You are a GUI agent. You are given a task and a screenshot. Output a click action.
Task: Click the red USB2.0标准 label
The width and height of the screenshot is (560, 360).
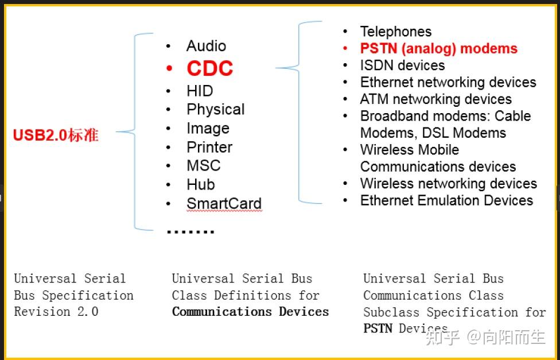click(56, 136)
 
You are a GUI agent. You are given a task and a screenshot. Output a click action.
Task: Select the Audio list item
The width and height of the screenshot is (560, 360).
click(206, 46)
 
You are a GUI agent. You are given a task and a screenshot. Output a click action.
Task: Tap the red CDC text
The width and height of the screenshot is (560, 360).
click(209, 69)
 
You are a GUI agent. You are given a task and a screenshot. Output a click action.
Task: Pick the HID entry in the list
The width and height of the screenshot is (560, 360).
click(200, 91)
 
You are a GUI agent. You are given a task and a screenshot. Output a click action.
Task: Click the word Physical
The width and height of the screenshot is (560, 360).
click(215, 109)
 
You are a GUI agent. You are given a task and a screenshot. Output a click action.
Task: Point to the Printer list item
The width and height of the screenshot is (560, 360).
click(209, 147)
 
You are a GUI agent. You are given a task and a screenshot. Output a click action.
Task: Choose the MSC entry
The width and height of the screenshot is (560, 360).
click(203, 165)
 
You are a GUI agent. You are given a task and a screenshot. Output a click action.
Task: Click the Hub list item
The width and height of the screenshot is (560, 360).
click(201, 184)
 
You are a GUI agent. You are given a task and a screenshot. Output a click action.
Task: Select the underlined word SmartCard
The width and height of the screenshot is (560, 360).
click(224, 203)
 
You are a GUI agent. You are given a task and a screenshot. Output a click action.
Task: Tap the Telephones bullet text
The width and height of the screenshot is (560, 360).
click(395, 32)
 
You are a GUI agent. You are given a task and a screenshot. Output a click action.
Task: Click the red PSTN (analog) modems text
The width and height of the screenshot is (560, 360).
click(438, 48)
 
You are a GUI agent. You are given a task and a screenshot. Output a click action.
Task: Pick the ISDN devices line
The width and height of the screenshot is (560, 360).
click(402, 65)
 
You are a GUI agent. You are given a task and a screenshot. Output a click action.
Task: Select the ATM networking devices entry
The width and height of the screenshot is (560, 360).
click(435, 99)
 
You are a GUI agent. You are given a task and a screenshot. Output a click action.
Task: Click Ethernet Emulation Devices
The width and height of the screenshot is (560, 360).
click(446, 200)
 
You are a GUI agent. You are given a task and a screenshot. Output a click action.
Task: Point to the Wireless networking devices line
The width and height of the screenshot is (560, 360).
click(448, 183)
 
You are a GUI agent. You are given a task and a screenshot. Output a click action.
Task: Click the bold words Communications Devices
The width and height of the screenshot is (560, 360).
click(250, 312)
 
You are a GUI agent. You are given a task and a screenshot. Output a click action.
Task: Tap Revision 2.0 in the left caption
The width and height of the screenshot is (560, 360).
click(56, 312)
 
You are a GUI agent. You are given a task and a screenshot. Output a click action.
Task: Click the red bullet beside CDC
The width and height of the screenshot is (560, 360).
click(169, 69)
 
